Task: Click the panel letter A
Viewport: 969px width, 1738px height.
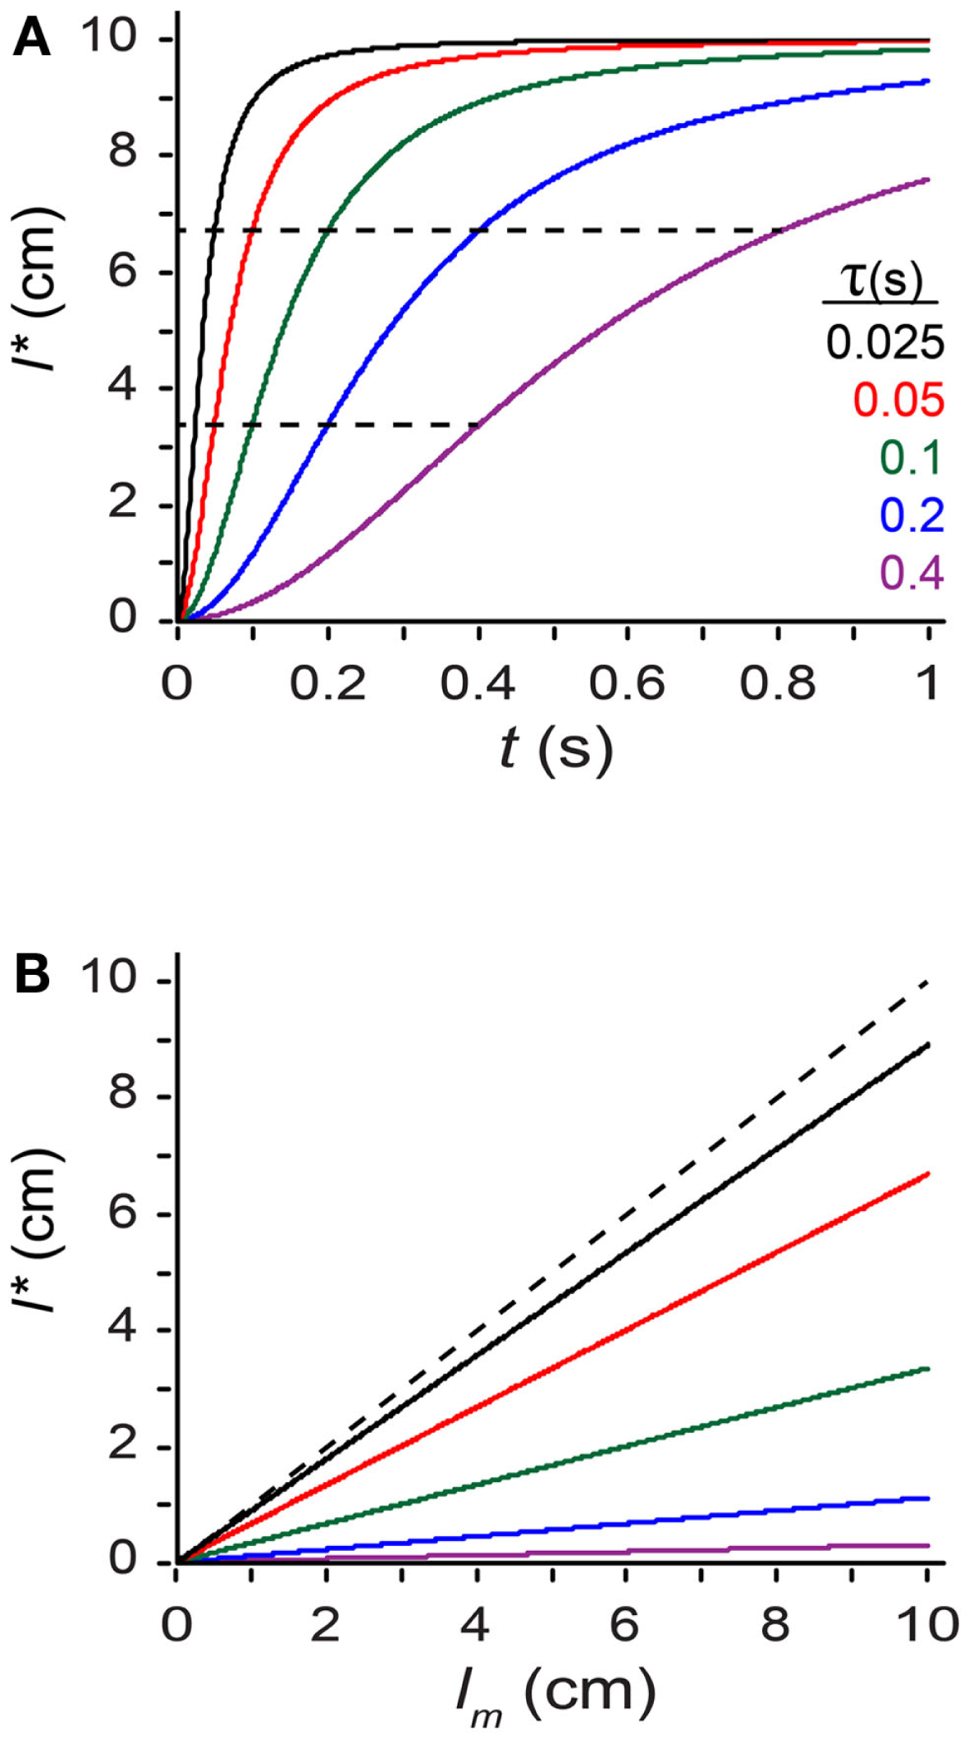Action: (x=32, y=39)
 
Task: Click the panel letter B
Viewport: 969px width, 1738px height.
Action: (x=32, y=976)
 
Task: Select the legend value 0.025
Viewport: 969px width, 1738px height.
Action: (x=885, y=343)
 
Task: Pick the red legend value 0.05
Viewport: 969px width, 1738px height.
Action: (x=899, y=400)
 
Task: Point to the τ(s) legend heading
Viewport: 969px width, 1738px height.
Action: (x=881, y=281)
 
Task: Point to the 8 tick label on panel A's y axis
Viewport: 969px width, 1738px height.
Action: (x=123, y=154)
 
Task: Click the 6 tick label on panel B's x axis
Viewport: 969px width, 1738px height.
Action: (x=626, y=1625)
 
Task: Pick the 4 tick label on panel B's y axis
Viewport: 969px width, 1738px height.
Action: (x=123, y=1329)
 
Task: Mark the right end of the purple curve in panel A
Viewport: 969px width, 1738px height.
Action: (x=928, y=180)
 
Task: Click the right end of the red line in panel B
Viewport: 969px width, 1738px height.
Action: (x=928, y=1174)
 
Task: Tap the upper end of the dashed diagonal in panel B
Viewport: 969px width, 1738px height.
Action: (x=927, y=981)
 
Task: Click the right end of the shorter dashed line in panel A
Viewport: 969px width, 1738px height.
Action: (x=478, y=425)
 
